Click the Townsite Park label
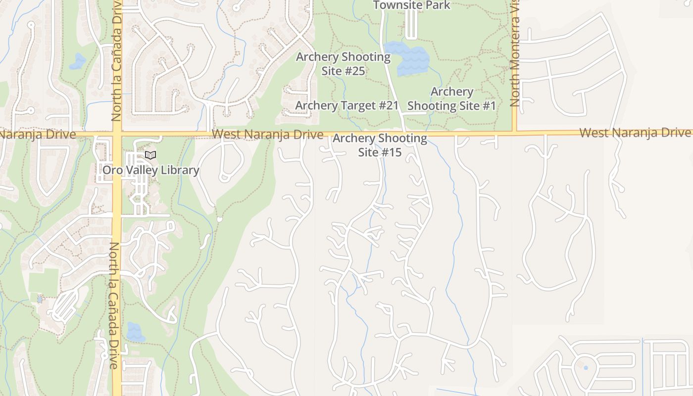(411, 5)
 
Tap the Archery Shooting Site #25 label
(343, 64)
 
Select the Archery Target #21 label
(346, 105)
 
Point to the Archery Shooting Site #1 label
(451, 99)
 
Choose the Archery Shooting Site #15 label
(380, 145)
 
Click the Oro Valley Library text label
(150, 170)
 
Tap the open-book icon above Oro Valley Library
(150, 155)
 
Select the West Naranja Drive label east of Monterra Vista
(635, 133)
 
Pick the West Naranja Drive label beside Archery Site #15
(267, 134)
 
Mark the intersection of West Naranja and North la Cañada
(117, 134)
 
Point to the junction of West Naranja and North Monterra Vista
(515, 133)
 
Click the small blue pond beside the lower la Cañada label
(135, 331)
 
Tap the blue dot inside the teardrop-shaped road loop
(586, 368)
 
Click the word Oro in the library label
(112, 170)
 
